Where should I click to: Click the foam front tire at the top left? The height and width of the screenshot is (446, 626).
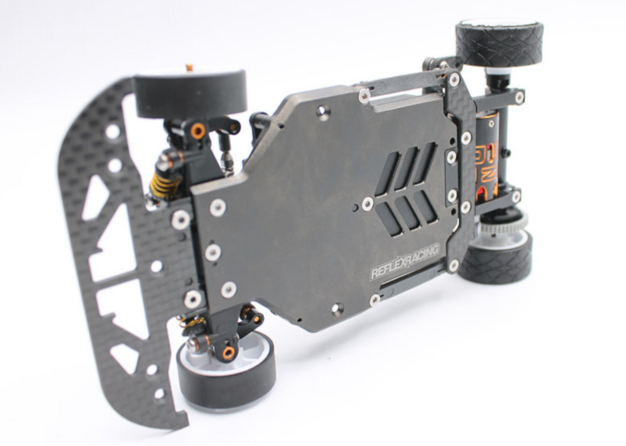[190, 96]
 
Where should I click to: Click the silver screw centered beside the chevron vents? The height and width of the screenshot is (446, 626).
[367, 202]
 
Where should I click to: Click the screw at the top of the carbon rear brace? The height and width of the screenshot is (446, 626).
[454, 78]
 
